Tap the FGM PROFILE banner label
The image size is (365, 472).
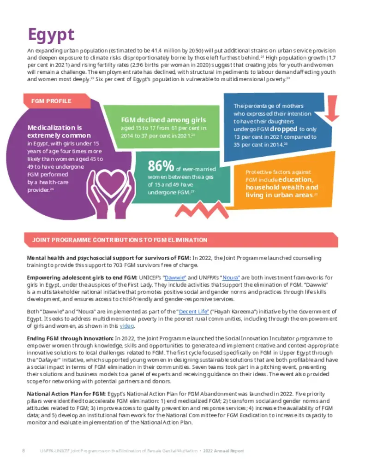click(x=51, y=101)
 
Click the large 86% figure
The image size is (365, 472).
click(x=161, y=165)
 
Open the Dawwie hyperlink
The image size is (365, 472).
click(x=175, y=277)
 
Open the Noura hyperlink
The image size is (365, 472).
click(x=231, y=277)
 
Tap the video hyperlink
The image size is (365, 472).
click(x=127, y=326)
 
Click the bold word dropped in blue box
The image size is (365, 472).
click(x=283, y=129)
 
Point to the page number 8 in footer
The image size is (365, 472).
click(x=24, y=450)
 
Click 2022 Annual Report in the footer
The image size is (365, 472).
click(x=224, y=450)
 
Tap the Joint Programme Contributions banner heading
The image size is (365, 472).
click(x=120, y=240)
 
